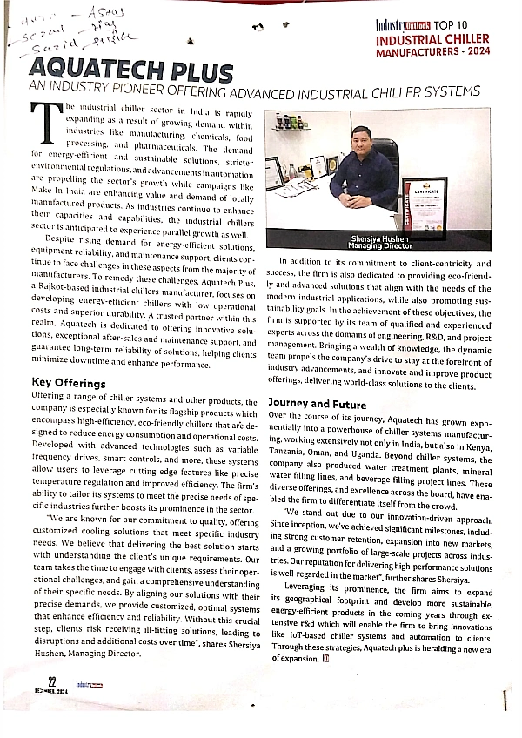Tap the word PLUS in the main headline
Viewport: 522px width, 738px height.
(199, 71)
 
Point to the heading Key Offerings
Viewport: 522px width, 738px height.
(69, 382)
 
